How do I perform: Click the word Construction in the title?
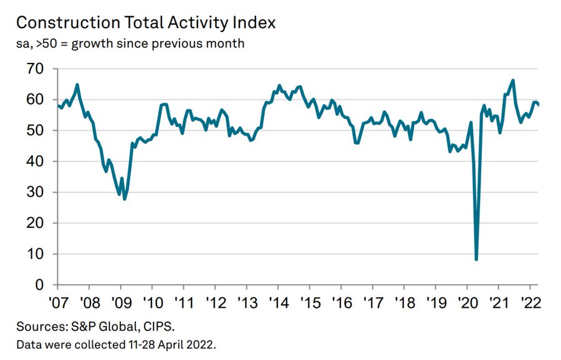pos(68,23)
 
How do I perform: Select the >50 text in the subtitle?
pos(47,44)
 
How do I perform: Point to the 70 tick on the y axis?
pos(35,69)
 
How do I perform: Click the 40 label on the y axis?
pos(35,161)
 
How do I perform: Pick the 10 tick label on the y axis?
pos(35,254)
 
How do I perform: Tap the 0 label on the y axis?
pos(39,285)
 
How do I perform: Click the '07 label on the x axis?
pos(59,303)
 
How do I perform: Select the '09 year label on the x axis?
pos(122,303)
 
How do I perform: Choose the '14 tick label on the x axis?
pos(279,303)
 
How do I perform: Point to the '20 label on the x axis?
pos(468,303)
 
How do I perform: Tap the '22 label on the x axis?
pos(531,303)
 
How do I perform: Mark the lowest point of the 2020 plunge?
pos(476,259)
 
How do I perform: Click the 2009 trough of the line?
pos(125,199)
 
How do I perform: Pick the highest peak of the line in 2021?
pos(513,80)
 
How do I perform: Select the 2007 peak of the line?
pos(77,85)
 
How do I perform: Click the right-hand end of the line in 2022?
pos(539,105)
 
